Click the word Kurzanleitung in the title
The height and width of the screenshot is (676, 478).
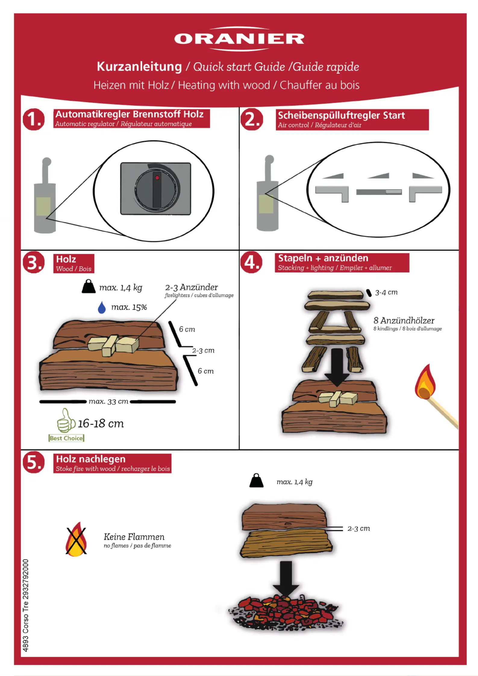[x=139, y=67]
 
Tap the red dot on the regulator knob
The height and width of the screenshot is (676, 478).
[x=157, y=178]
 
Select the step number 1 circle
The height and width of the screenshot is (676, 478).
[x=34, y=119]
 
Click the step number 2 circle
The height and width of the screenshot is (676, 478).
[x=252, y=119]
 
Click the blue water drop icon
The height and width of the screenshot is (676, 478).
[x=102, y=307]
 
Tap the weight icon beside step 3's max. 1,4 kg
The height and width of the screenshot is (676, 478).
[x=88, y=287]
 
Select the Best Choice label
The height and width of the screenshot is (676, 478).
[x=66, y=438]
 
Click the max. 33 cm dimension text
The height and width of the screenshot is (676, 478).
[x=108, y=401]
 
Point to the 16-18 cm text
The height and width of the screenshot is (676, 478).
[x=101, y=424]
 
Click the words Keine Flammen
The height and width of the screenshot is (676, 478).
[x=134, y=537]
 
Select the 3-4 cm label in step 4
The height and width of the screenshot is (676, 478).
[x=386, y=292]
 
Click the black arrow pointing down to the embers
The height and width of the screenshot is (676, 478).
[x=286, y=579]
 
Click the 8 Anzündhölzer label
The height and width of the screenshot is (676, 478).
[x=404, y=320]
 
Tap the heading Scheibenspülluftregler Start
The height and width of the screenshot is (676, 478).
[x=341, y=115]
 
